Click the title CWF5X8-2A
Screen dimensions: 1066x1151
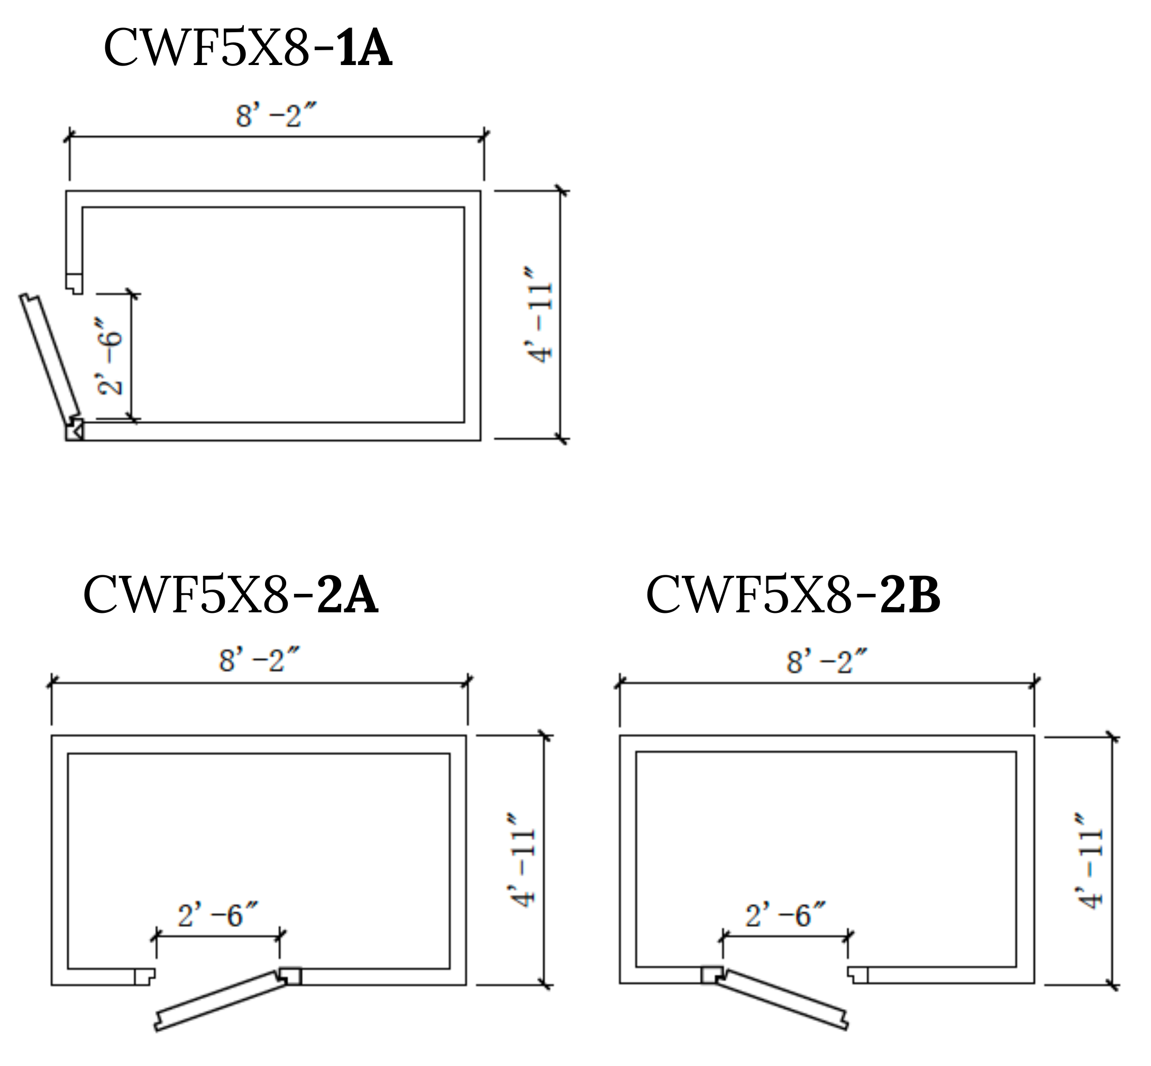(x=231, y=595)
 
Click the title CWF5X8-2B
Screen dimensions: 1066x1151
(x=793, y=595)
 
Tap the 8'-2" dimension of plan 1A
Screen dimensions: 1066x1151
(x=276, y=115)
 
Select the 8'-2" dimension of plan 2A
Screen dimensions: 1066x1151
(x=260, y=660)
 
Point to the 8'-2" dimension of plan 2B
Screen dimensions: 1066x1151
(x=827, y=661)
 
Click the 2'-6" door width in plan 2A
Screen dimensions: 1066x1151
(x=217, y=915)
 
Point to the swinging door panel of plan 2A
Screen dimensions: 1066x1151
(x=222, y=1001)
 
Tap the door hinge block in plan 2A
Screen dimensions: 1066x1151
(x=290, y=976)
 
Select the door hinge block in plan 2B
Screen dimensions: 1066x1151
(x=711, y=976)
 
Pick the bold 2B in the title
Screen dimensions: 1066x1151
(x=910, y=596)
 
